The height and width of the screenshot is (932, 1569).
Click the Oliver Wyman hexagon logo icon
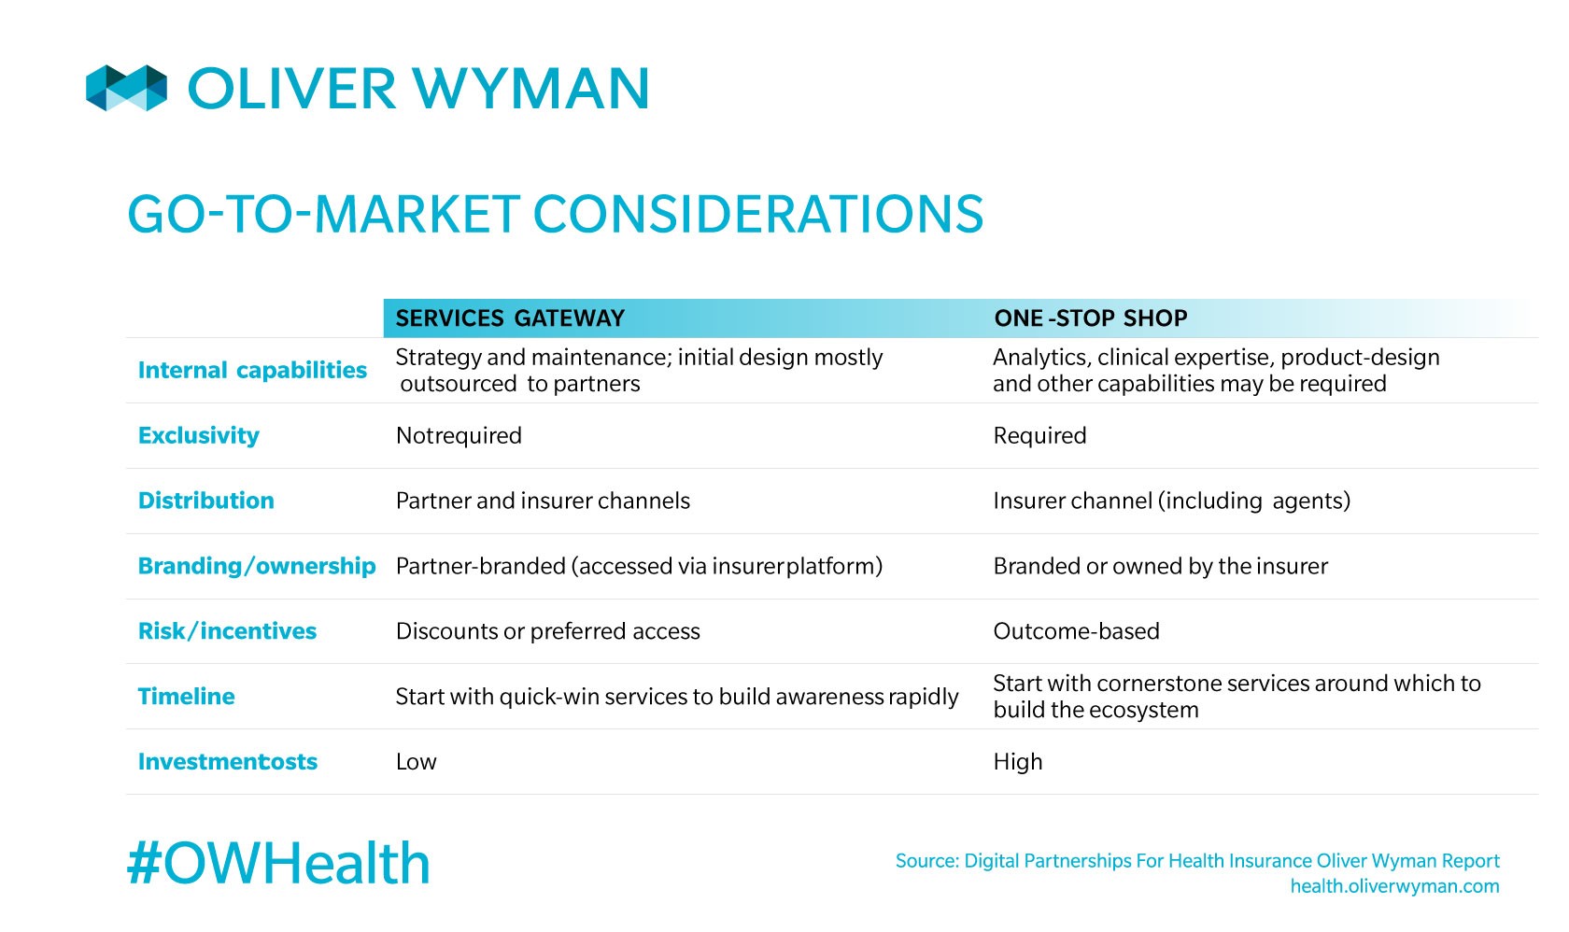(127, 88)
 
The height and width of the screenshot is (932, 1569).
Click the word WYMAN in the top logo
(530, 89)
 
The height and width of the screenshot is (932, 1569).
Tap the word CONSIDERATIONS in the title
(758, 214)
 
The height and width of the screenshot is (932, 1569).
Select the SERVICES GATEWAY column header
(510, 318)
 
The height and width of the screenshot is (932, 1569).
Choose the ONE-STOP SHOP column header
(1091, 318)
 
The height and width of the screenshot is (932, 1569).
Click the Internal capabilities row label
(252, 370)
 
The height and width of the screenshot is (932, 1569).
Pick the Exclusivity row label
(199, 435)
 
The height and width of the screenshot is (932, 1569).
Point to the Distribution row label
(205, 501)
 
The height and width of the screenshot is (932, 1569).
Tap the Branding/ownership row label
(257, 566)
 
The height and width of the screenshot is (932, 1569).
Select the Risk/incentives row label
(228, 631)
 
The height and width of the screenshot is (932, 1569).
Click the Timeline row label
(187, 696)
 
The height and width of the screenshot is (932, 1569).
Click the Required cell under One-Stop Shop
(1040, 435)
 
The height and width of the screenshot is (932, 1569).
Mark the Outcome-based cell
(1077, 631)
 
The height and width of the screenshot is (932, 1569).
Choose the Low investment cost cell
(417, 761)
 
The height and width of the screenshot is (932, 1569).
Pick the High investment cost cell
(1018, 762)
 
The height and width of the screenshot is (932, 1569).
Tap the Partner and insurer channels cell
(543, 501)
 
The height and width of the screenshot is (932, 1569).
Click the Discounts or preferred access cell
(547, 631)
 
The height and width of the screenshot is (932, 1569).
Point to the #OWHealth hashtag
(278, 863)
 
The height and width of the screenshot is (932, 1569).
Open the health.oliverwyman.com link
(1394, 886)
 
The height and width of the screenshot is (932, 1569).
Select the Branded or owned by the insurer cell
(1161, 566)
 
